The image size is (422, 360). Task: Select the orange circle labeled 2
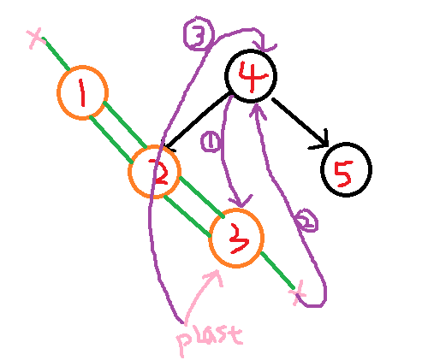pos(129,172)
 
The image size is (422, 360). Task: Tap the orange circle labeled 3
pos(211,239)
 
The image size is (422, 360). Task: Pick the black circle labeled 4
pos(226,76)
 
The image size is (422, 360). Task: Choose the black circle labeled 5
pos(322,169)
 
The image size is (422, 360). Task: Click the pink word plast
pos(210,340)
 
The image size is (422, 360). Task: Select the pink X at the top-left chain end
pos(36,38)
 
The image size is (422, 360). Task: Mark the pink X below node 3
pos(297,292)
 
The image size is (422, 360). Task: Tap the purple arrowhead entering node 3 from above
pos(241,203)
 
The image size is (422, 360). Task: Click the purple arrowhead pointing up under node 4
pos(258,109)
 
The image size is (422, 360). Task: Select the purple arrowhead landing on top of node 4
pos(265,48)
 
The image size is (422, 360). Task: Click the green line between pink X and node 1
pos(56,53)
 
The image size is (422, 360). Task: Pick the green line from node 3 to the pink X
pos(277,270)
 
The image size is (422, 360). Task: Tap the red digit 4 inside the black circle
pos(253,76)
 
